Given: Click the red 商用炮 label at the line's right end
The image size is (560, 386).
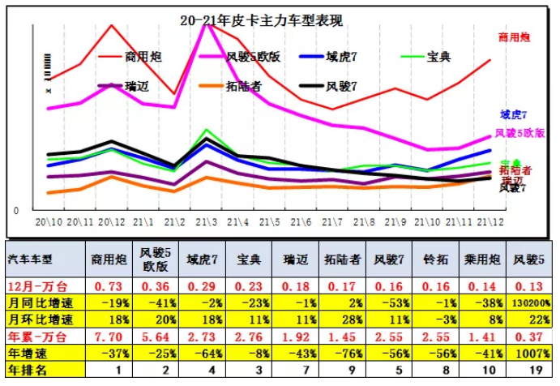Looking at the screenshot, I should point(514,36).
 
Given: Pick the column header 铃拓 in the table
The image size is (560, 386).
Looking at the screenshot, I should point(434,259).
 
